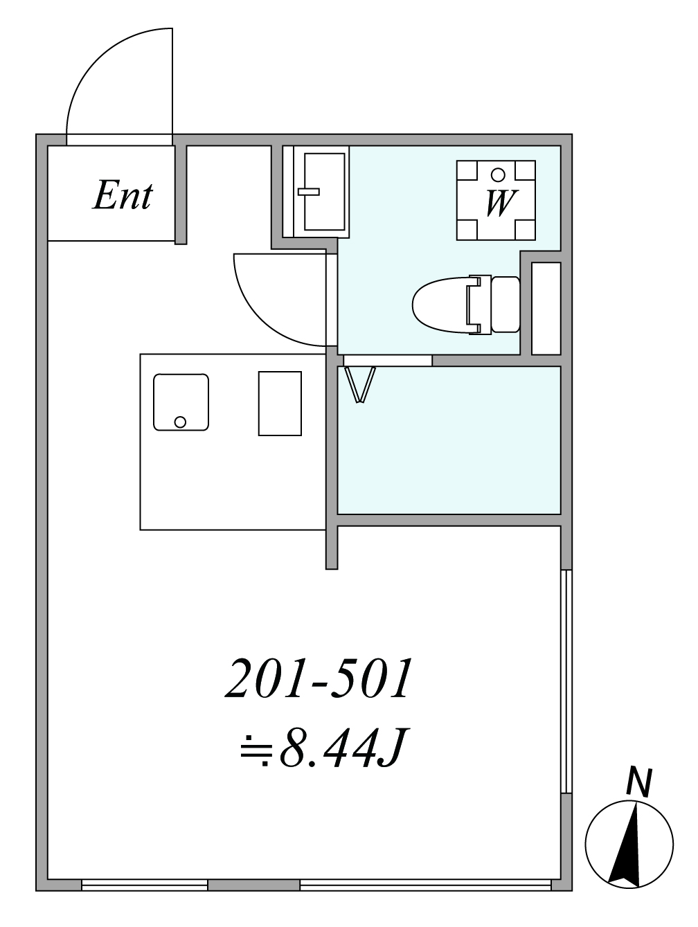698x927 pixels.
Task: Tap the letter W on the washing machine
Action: (501, 203)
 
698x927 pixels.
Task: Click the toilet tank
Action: (505, 304)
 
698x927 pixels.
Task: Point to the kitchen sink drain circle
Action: (180, 422)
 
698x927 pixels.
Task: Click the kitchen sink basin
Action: (181, 402)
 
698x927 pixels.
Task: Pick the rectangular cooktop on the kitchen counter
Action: (280, 404)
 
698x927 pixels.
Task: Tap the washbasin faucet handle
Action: (309, 192)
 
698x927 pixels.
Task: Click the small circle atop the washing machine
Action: (498, 174)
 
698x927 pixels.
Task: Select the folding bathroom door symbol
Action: (359, 385)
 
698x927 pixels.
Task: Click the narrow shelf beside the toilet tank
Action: (546, 308)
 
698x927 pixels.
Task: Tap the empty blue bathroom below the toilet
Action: (449, 440)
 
